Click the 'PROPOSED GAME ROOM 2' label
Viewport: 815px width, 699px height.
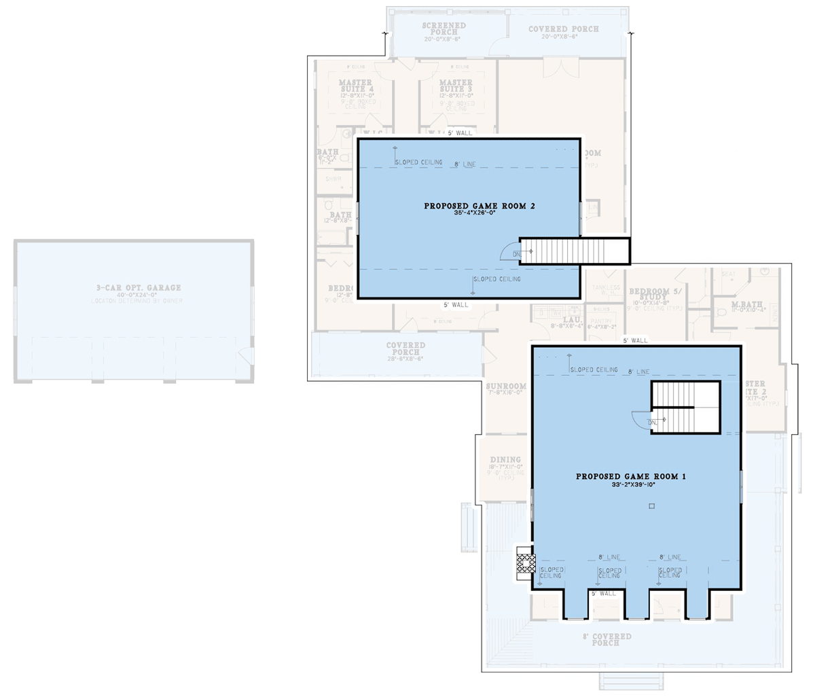[479, 206]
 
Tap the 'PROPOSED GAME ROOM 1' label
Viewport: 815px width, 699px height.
[631, 477]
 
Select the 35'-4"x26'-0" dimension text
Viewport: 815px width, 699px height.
[475, 213]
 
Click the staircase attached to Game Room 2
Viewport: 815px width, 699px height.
[575, 251]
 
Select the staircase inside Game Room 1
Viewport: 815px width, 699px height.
[686, 408]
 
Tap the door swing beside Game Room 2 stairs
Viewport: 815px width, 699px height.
[509, 251]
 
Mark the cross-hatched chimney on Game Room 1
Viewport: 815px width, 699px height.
[524, 564]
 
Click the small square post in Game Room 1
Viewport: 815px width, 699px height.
[651, 506]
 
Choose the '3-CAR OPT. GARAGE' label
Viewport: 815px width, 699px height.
[139, 288]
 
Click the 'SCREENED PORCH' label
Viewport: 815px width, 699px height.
[444, 29]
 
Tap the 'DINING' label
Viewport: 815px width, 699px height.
[505, 460]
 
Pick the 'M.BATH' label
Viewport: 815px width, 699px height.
[746, 304]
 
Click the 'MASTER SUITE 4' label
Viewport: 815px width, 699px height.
[356, 86]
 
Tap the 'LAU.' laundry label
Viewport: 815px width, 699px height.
[573, 319]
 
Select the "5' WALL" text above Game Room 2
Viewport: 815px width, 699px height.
[460, 133]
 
